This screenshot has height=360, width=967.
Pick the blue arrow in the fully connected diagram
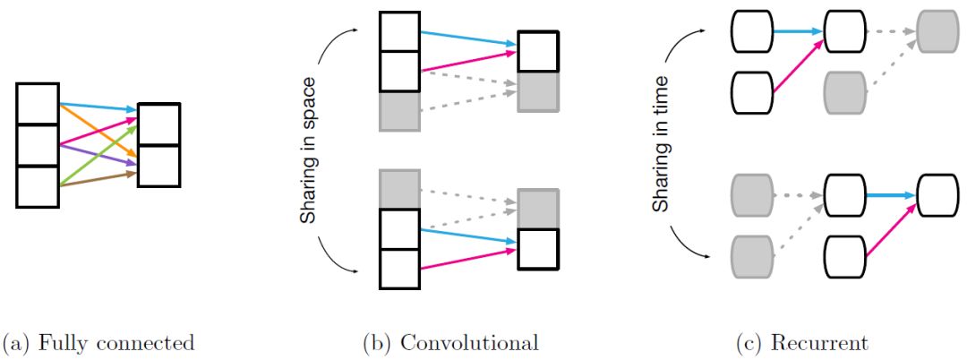(x=98, y=107)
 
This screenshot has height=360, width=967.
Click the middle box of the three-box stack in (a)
(x=38, y=145)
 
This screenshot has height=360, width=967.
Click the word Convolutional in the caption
(x=470, y=343)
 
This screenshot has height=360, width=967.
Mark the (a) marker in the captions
(x=17, y=343)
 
